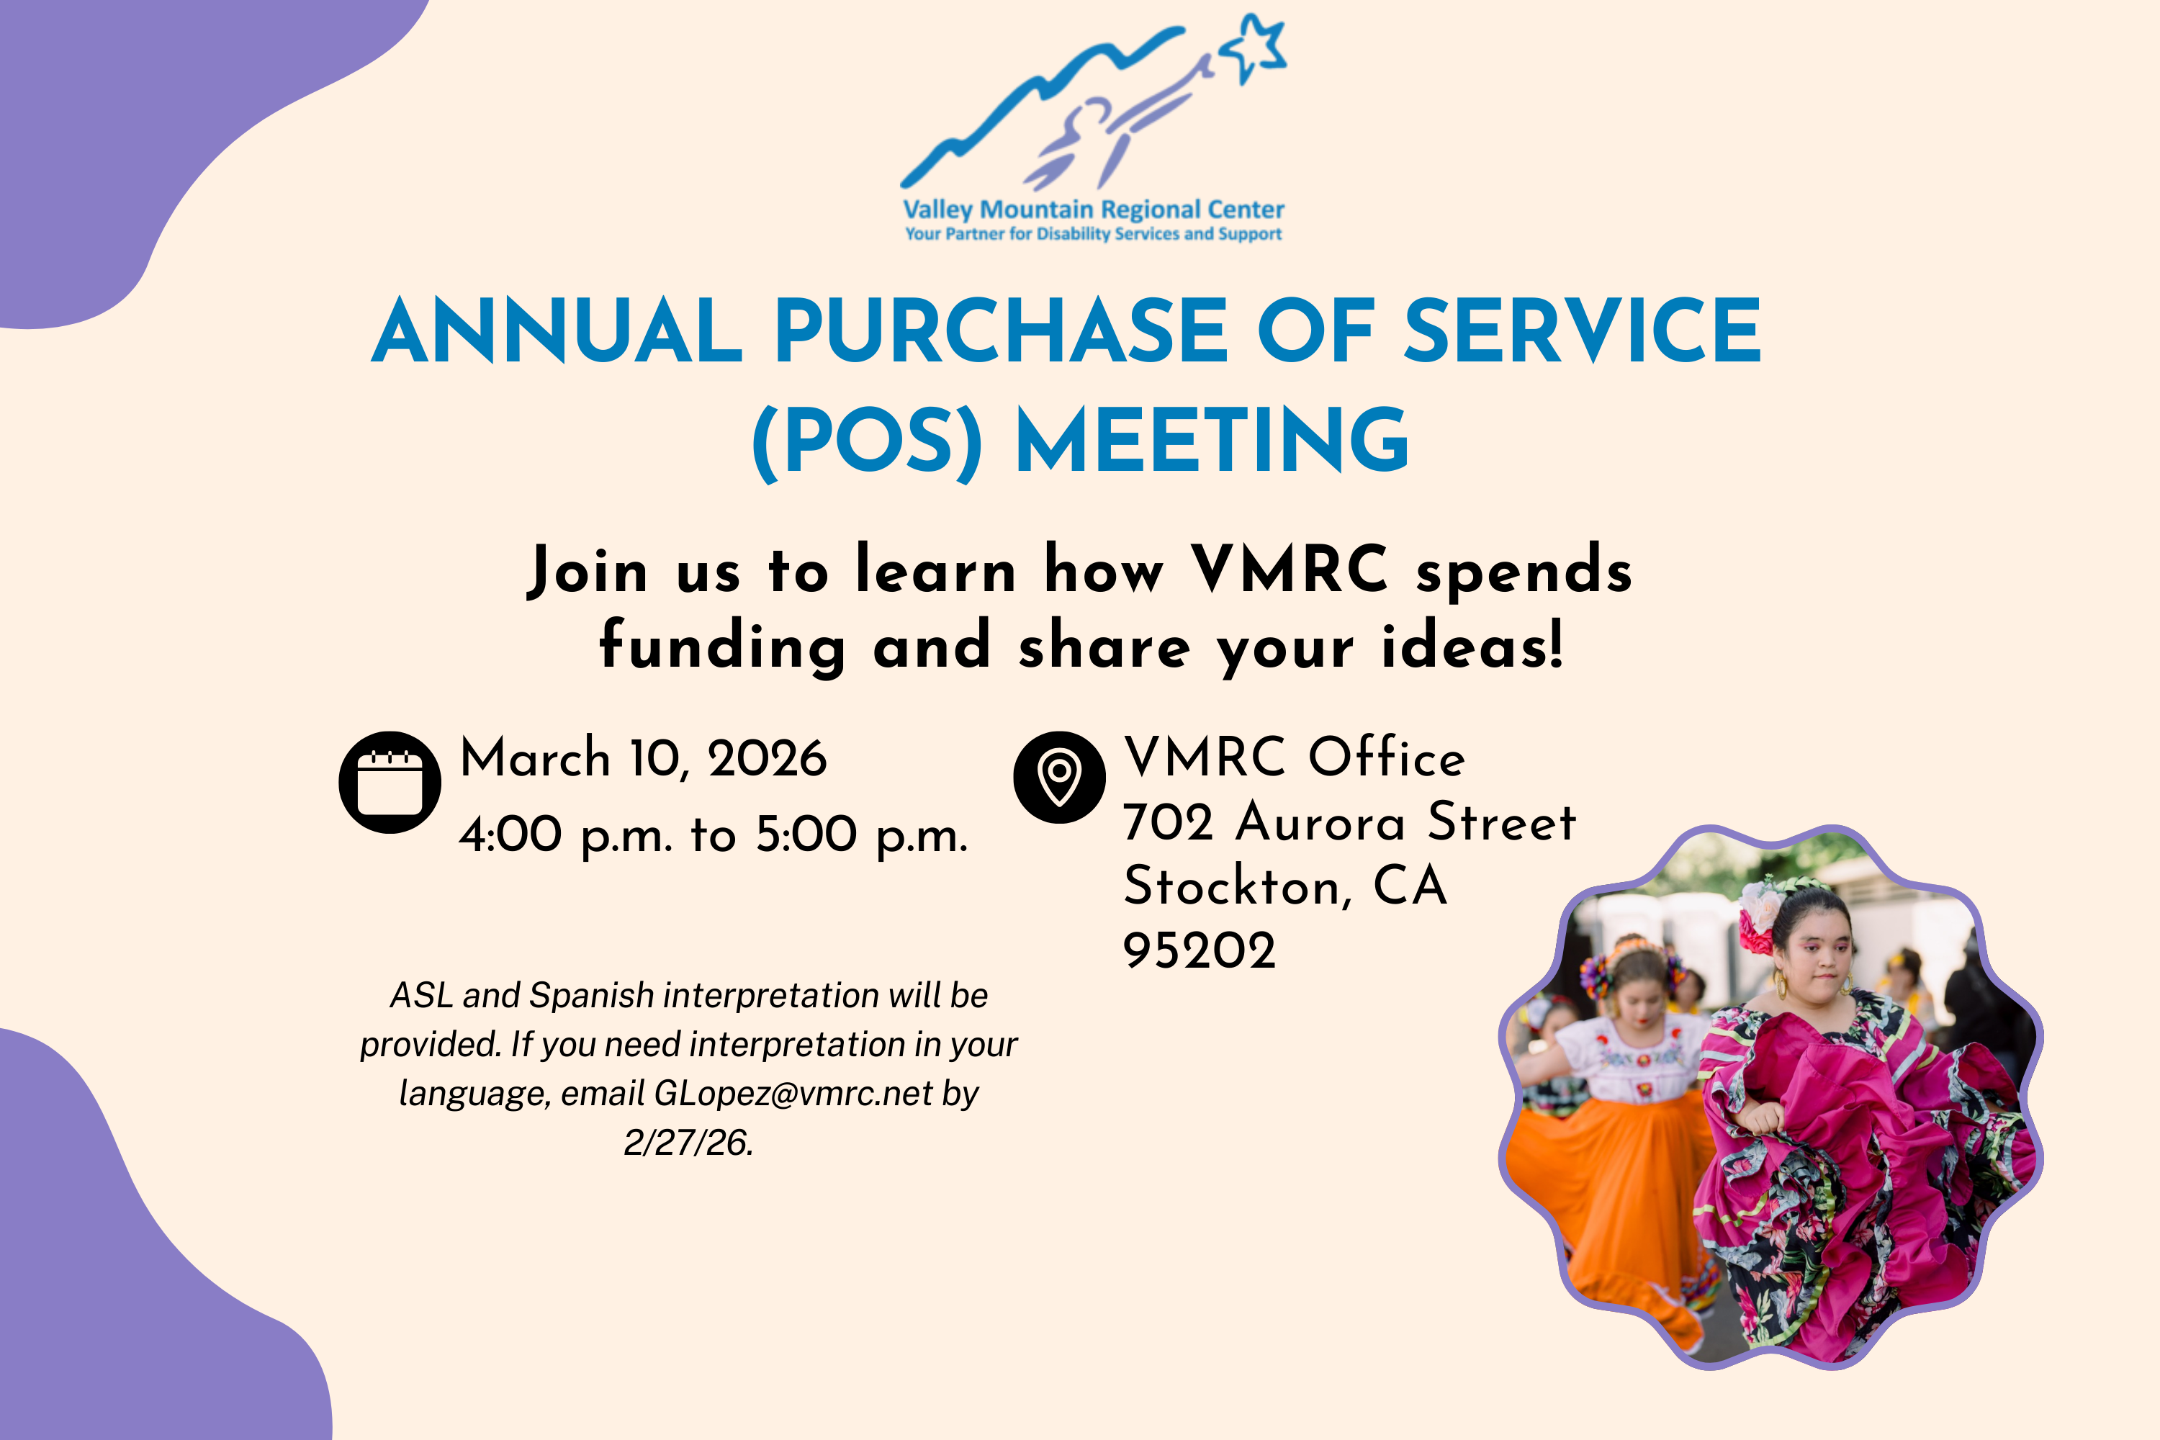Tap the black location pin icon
pyautogui.click(x=1059, y=777)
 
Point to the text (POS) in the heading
pyautogui.click(x=867, y=443)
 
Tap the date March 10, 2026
pyautogui.click(x=643, y=759)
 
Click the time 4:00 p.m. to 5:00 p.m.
pyautogui.click(x=714, y=834)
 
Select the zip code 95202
pyautogui.click(x=1200, y=950)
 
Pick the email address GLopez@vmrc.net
pyautogui.click(x=793, y=1094)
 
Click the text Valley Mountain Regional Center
pyautogui.click(x=1093, y=210)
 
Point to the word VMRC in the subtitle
pyautogui.click(x=1290, y=570)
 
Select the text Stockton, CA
pyautogui.click(x=1284, y=886)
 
